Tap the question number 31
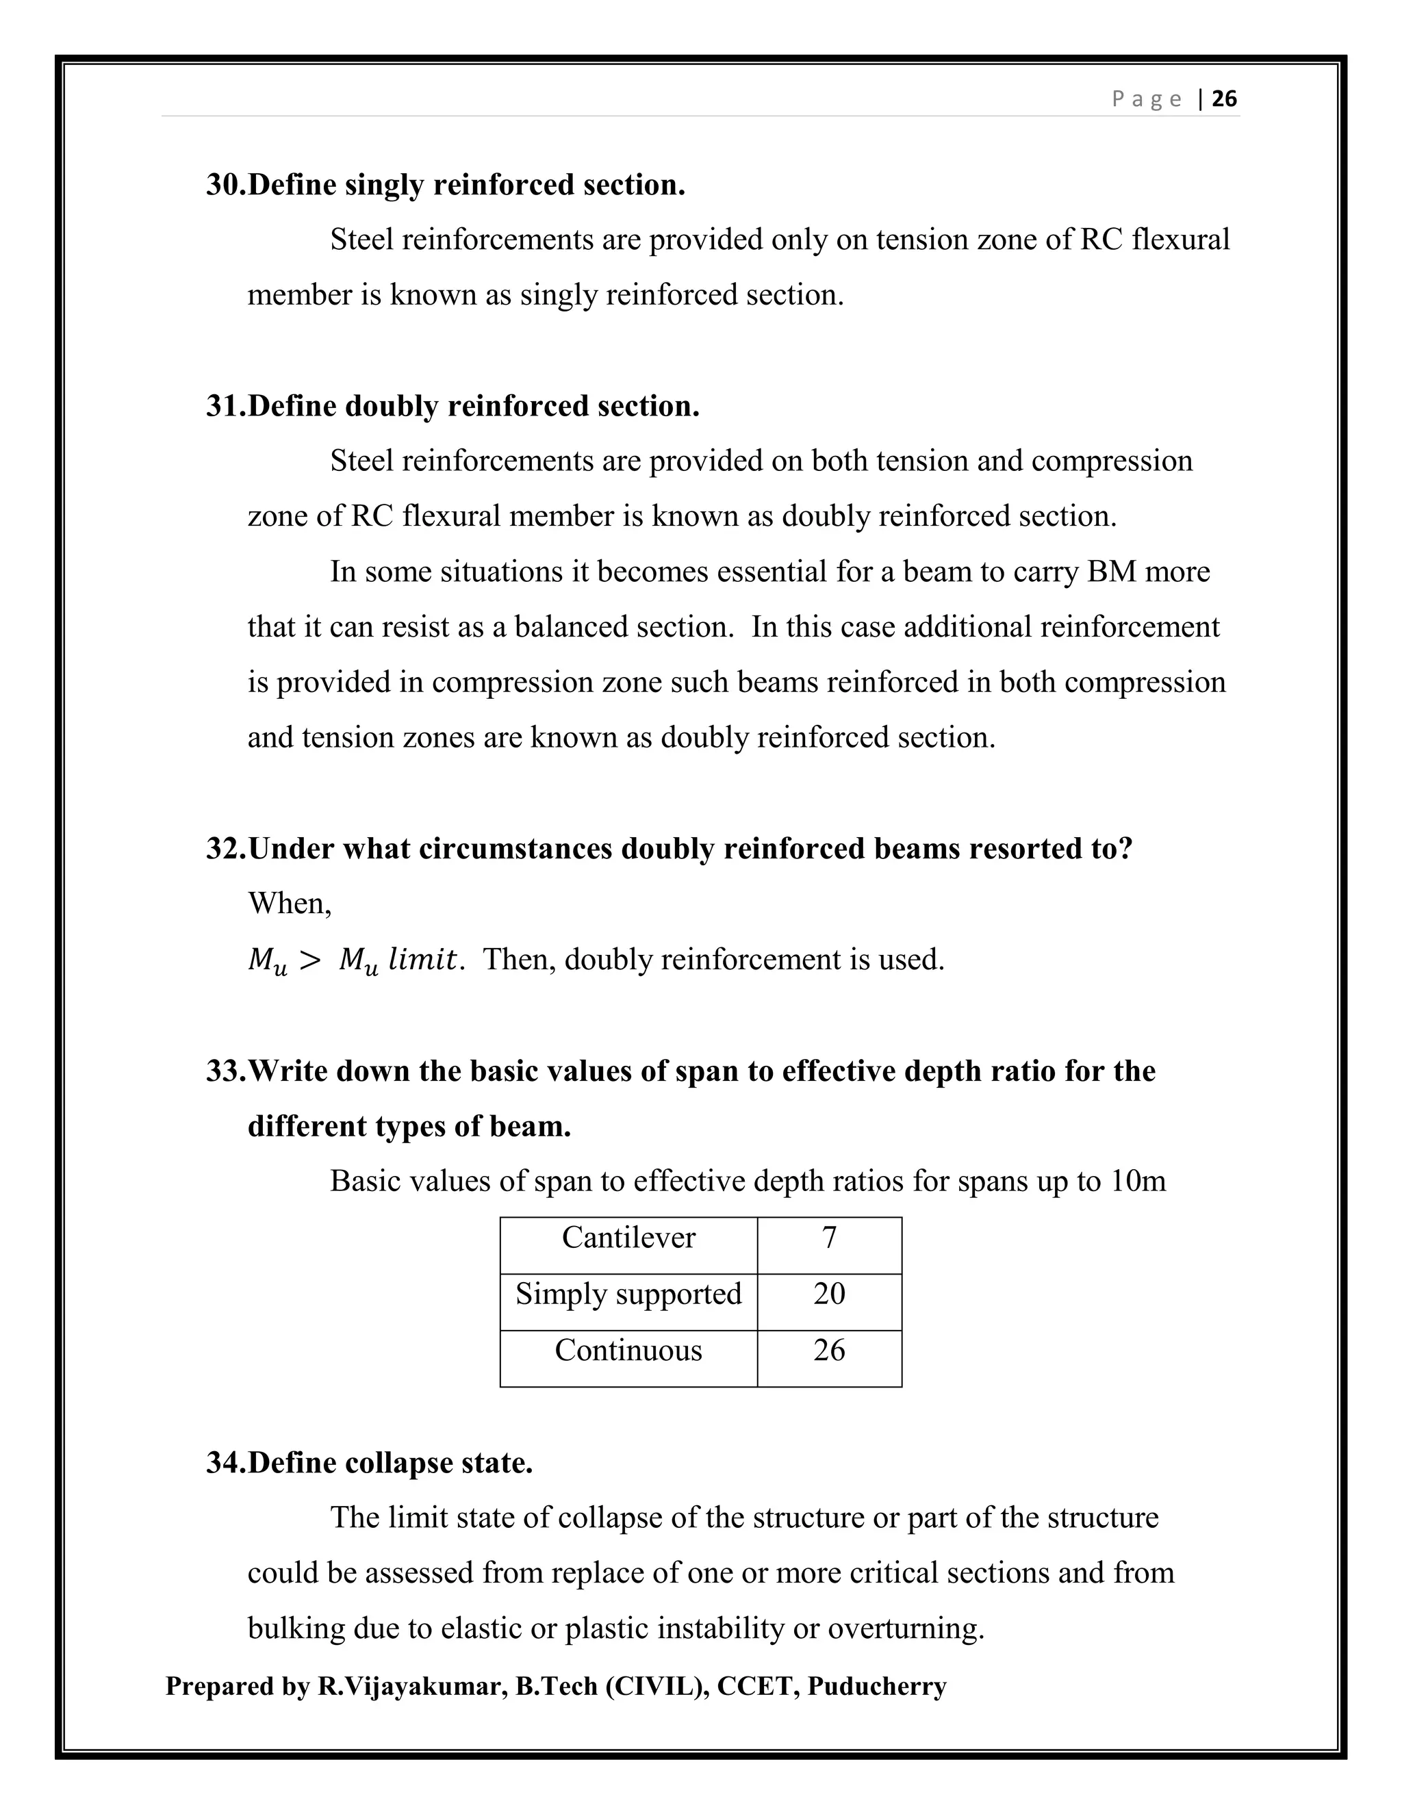[x=225, y=406]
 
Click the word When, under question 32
[x=289, y=904]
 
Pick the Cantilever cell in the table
[x=628, y=1238]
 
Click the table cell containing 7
[x=829, y=1238]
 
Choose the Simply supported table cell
[x=628, y=1294]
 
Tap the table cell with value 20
[x=829, y=1294]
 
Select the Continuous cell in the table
[x=628, y=1351]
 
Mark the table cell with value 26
[x=829, y=1351]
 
